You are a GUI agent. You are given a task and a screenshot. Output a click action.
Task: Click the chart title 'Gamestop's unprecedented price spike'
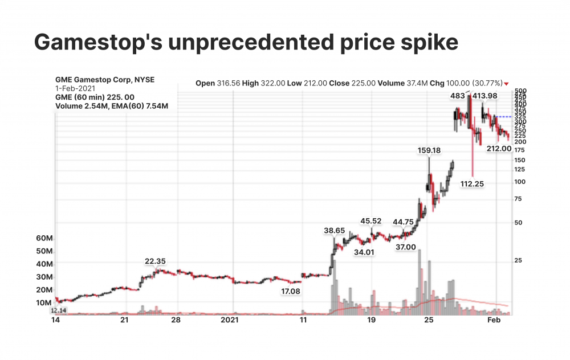(246, 43)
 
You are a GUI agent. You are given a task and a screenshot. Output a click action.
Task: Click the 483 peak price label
(458, 96)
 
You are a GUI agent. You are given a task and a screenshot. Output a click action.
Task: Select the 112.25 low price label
(472, 183)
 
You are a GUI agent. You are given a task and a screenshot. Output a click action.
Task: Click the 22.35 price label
(155, 261)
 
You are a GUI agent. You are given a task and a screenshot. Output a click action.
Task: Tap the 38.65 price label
(334, 230)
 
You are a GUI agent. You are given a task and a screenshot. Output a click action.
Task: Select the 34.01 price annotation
(364, 252)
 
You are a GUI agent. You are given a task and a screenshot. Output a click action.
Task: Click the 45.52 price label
(370, 221)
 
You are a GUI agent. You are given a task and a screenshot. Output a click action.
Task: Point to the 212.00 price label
(499, 149)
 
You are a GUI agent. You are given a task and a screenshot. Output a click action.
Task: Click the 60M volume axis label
(44, 238)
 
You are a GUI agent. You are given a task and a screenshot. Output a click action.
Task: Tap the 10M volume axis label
(44, 302)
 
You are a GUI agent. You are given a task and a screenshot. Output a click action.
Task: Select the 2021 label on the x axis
(229, 321)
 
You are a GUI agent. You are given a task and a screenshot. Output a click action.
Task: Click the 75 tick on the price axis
(518, 199)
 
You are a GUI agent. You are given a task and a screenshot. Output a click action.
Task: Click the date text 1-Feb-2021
(75, 89)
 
